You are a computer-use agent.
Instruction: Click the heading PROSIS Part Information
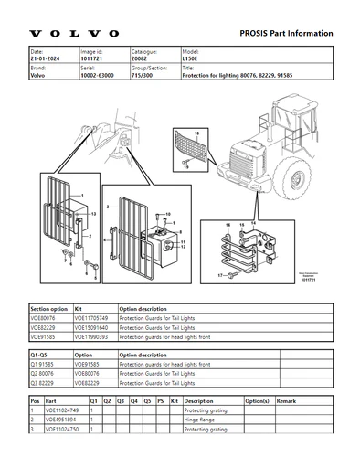[x=286, y=33]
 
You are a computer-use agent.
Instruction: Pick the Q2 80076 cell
[x=43, y=373]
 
